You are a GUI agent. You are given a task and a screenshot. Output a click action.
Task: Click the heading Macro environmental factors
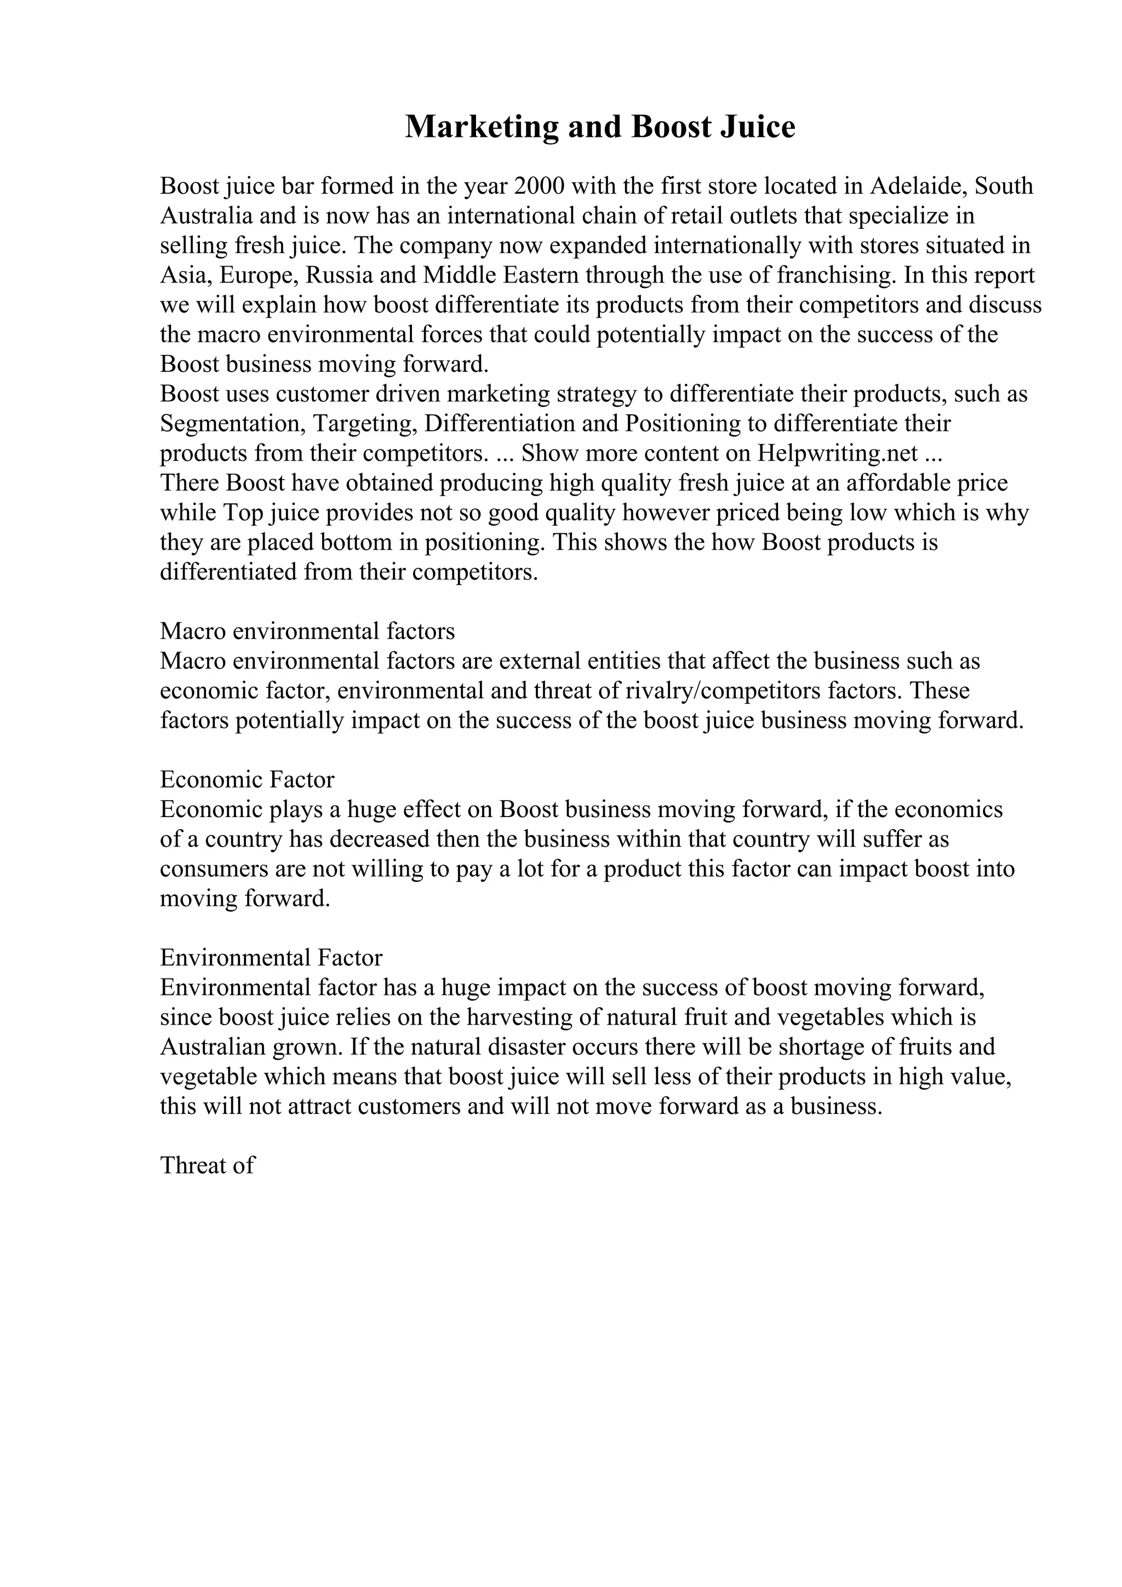pos(308,631)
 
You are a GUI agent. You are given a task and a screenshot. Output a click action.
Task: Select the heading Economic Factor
pos(247,780)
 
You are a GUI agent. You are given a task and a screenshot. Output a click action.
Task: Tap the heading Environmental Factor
pos(271,958)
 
